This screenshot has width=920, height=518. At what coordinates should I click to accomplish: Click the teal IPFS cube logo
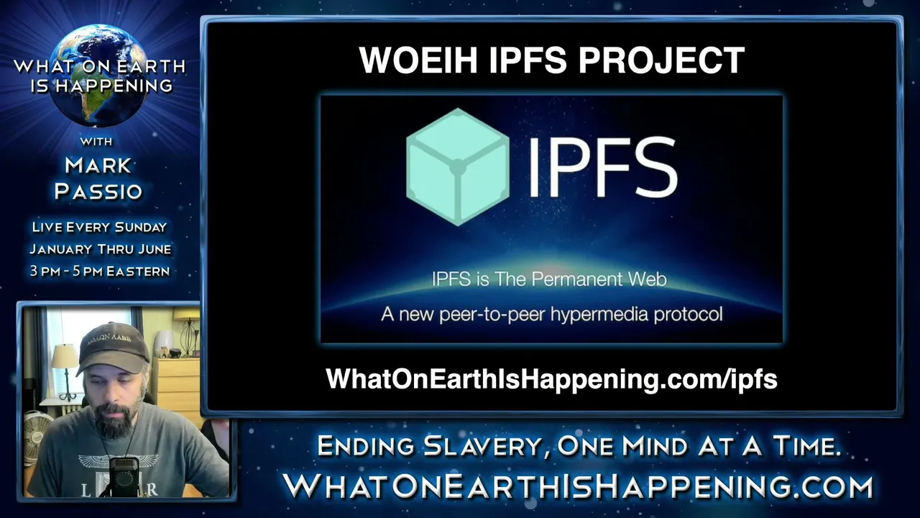pyautogui.click(x=458, y=167)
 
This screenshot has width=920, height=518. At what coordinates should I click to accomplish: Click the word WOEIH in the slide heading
pyautogui.click(x=418, y=60)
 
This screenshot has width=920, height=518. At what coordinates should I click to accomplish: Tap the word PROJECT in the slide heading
pyautogui.click(x=661, y=60)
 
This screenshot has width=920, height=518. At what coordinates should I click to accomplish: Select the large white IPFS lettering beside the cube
pyautogui.click(x=602, y=167)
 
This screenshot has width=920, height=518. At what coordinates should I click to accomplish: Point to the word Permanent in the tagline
pyautogui.click(x=576, y=280)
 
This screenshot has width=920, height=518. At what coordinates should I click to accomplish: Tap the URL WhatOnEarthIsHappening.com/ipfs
pyautogui.click(x=551, y=378)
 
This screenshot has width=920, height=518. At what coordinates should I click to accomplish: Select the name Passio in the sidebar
pyautogui.click(x=98, y=191)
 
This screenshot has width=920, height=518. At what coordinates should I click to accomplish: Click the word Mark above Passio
pyautogui.click(x=98, y=165)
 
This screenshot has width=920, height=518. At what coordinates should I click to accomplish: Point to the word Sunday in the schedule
pyautogui.click(x=140, y=227)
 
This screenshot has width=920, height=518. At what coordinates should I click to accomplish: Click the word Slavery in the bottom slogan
pyautogui.click(x=482, y=447)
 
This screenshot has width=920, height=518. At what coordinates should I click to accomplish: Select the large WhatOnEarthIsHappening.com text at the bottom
pyautogui.click(x=578, y=487)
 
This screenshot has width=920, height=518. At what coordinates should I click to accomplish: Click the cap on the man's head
pyautogui.click(x=113, y=347)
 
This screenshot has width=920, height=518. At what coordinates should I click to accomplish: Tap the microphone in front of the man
pyautogui.click(x=123, y=476)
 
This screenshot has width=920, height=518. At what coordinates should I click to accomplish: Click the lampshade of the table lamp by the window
pyautogui.click(x=64, y=356)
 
